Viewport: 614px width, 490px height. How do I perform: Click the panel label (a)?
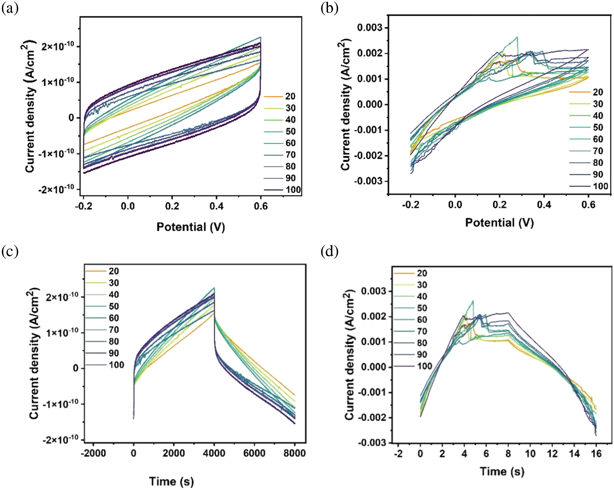click(10, 8)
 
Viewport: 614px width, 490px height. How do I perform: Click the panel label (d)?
click(329, 251)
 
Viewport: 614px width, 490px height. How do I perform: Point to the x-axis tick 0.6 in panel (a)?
click(260, 206)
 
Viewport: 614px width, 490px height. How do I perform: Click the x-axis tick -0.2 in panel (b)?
click(410, 205)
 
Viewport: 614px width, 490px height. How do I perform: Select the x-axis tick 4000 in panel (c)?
click(214, 453)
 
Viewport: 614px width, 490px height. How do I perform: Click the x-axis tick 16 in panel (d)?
click(596, 454)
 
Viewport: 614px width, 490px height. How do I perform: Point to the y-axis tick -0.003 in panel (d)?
click(372, 442)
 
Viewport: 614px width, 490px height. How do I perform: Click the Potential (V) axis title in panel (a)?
click(191, 227)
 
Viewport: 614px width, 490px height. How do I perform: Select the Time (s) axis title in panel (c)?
click(171, 481)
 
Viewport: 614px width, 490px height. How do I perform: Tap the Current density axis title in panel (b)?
click(346, 105)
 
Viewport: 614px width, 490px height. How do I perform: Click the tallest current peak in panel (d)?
click(473, 301)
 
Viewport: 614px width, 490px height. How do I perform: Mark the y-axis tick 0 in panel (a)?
click(71, 118)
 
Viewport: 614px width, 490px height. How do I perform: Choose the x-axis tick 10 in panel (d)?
click(530, 454)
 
